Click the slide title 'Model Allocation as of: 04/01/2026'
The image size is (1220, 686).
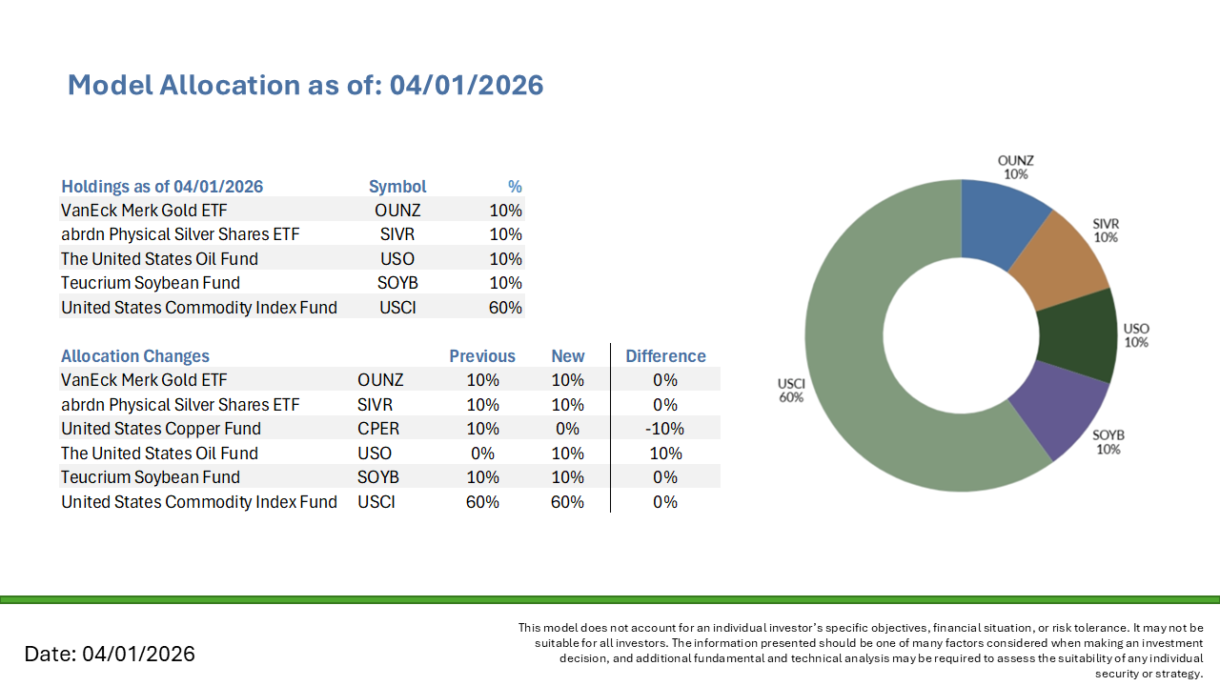[x=305, y=85]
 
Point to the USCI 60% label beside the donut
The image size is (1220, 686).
[x=791, y=390]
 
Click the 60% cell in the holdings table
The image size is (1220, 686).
[x=505, y=307]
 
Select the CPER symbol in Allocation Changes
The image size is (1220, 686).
[x=378, y=429]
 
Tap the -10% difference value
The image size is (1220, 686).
[x=665, y=429]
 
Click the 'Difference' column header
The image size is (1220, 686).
[x=665, y=356]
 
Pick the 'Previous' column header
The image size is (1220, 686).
[x=482, y=356]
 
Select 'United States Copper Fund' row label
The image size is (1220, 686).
[x=161, y=429]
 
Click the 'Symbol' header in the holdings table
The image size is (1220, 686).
[x=397, y=187]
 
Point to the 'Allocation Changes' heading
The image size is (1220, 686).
[x=135, y=356]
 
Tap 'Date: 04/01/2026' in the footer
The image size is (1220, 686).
[x=110, y=654]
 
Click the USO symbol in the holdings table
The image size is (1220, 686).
[x=397, y=258]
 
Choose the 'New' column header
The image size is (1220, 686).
[x=568, y=356]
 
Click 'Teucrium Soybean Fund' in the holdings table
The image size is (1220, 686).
[x=151, y=283]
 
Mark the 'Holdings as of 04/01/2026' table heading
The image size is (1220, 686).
[x=162, y=187]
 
